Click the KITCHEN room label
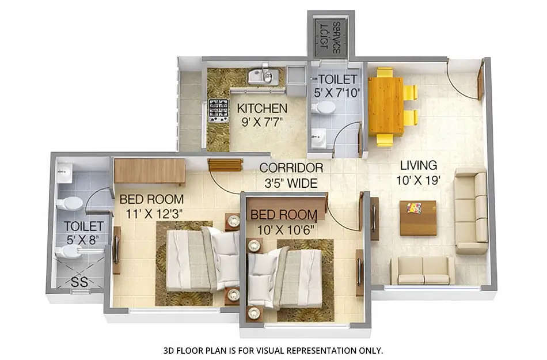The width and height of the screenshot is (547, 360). point(262,108)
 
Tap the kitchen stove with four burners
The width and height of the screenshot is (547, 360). point(218,110)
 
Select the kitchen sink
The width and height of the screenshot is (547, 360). point(263,76)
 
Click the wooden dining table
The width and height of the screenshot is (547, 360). point(385,105)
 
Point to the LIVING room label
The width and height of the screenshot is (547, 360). point(418,166)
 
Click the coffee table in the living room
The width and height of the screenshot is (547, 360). point(417,218)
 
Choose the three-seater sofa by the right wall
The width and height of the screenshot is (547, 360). point(471,211)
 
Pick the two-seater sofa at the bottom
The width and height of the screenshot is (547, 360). point(423,270)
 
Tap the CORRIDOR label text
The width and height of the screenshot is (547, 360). point(291,168)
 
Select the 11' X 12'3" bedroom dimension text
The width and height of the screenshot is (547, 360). point(151,214)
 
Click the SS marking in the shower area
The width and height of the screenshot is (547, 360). point(78,282)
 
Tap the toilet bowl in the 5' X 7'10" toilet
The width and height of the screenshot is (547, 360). point(325,108)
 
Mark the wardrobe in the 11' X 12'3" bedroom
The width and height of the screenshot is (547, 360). point(150,171)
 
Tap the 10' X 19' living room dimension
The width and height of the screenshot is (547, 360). point(418,180)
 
